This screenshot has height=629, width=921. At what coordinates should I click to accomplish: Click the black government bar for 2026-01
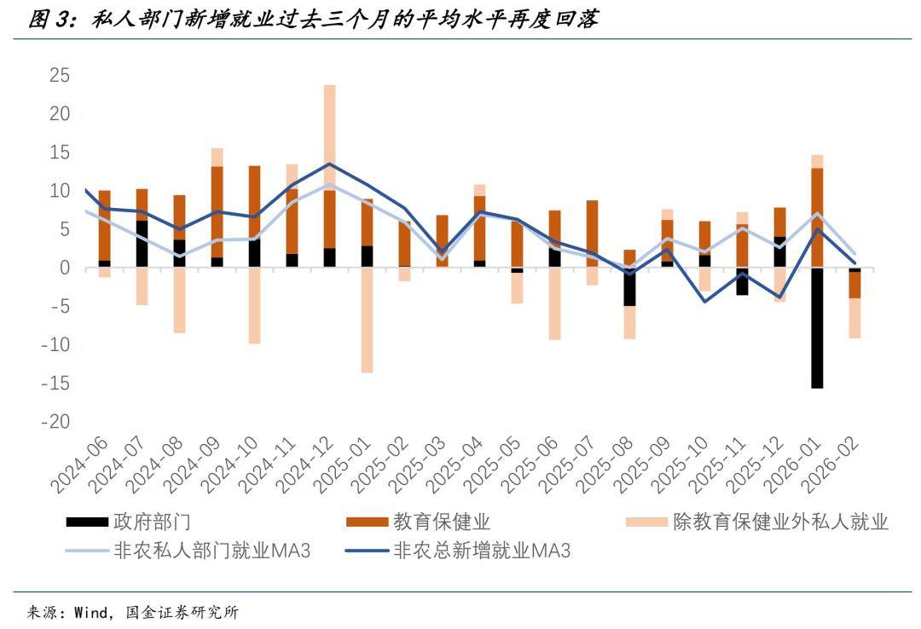[x=817, y=327]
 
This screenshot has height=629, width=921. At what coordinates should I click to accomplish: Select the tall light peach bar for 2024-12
[x=329, y=136]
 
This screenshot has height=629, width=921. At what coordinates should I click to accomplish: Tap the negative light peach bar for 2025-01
[x=367, y=320]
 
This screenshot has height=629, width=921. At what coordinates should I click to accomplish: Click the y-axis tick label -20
[x=54, y=422]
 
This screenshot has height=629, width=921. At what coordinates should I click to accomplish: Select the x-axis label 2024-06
[x=80, y=465]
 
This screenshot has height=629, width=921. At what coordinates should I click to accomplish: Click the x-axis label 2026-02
[x=831, y=465]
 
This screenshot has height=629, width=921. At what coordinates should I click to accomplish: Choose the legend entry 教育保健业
[x=441, y=522]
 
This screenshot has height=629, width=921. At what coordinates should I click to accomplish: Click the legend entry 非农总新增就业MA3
[x=481, y=551]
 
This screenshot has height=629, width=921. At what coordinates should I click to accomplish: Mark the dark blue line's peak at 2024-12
[x=329, y=164]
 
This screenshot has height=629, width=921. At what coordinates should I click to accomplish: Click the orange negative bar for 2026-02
[x=854, y=285]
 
